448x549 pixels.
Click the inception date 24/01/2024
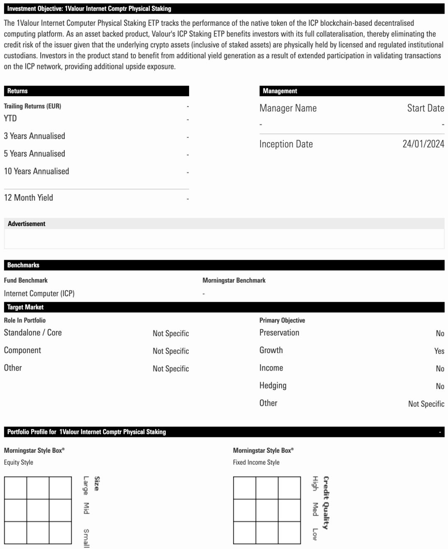pyautogui.click(x=423, y=144)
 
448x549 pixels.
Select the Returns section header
pyautogui.click(x=17, y=91)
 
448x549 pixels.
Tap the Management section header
pyautogui.click(x=280, y=91)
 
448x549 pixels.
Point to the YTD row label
pyautogui.click(x=10, y=118)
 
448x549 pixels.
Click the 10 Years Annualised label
pyautogui.click(x=37, y=171)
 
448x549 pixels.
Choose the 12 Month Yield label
pyautogui.click(x=29, y=198)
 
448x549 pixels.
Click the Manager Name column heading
pyautogui.click(x=288, y=108)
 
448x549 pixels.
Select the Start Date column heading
pyautogui.click(x=426, y=108)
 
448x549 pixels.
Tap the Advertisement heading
pyautogui.click(x=27, y=224)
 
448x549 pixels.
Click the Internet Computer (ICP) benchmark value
pyautogui.click(x=39, y=293)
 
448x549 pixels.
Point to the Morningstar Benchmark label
pyautogui.click(x=234, y=281)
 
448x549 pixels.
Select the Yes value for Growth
pyautogui.click(x=439, y=351)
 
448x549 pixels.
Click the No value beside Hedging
pyautogui.click(x=440, y=386)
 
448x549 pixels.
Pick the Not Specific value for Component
pyautogui.click(x=170, y=351)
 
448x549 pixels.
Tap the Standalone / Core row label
pyautogui.click(x=33, y=333)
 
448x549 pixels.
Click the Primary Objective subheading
pyautogui.click(x=282, y=320)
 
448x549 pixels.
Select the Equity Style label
pyautogui.click(x=19, y=462)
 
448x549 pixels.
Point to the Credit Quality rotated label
pyautogui.click(x=326, y=503)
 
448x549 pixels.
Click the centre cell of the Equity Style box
pyautogui.click(x=38, y=510)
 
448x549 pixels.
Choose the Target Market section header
pyautogui.click(x=25, y=307)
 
